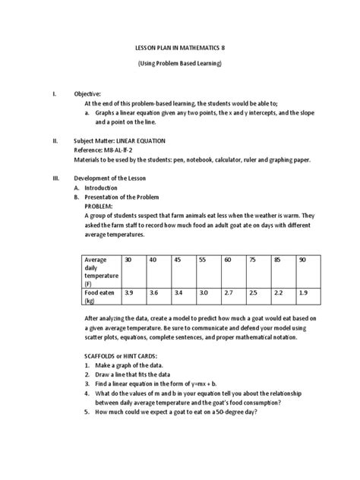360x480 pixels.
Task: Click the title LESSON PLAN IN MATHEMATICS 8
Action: [x=180, y=48]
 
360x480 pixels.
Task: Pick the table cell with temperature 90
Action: [x=303, y=260]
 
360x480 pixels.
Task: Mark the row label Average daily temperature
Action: [x=98, y=271]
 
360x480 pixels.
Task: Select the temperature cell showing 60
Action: [x=227, y=260]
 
